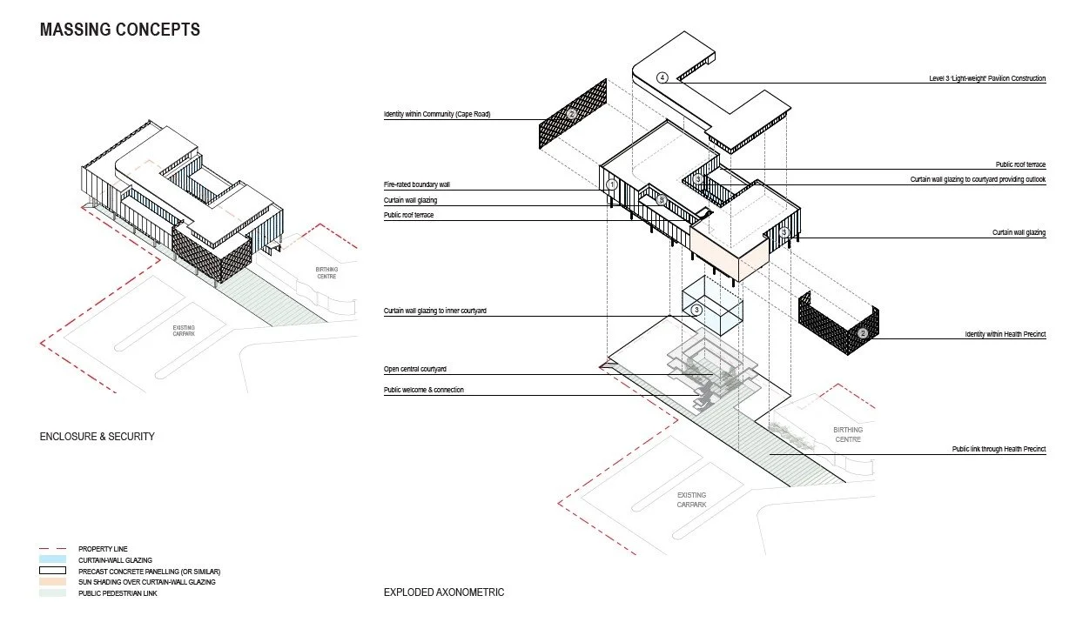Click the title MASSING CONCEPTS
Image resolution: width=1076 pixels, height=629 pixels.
pyautogui.click(x=120, y=30)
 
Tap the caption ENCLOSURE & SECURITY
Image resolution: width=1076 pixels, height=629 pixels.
pyautogui.click(x=97, y=436)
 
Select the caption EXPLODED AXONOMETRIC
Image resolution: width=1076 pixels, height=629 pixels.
pyautogui.click(x=444, y=592)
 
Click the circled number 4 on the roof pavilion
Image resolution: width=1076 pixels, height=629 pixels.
pyautogui.click(x=662, y=77)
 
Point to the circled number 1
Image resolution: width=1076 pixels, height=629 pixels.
pyautogui.click(x=612, y=184)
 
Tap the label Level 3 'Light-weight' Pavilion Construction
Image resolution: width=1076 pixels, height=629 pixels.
pyautogui.click(x=987, y=78)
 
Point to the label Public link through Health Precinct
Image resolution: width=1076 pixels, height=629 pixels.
pyautogui.click(x=999, y=449)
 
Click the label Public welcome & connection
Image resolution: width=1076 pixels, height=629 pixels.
pyautogui.click(x=424, y=390)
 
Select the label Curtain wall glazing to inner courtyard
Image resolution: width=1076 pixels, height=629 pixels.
pyautogui.click(x=436, y=311)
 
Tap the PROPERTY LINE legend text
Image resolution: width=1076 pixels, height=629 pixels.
pyautogui.click(x=103, y=548)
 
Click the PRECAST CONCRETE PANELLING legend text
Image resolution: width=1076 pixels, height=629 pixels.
pyautogui.click(x=149, y=571)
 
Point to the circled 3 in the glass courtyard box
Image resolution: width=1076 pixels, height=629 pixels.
pyautogui.click(x=696, y=309)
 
